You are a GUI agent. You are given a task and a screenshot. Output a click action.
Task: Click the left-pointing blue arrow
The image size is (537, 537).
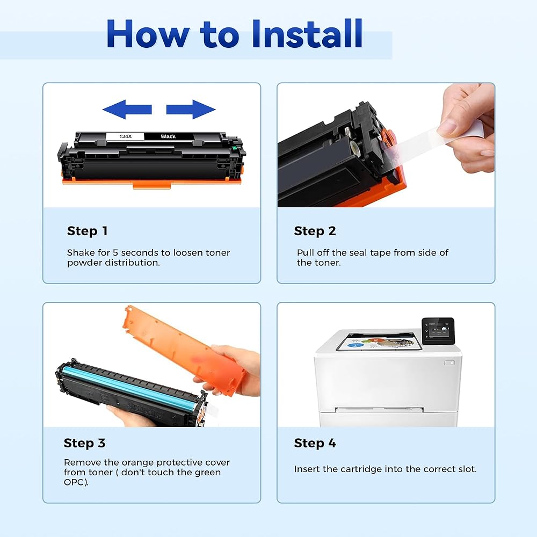(x=127, y=110)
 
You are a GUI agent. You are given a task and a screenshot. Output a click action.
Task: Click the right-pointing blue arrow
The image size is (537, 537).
(x=191, y=110)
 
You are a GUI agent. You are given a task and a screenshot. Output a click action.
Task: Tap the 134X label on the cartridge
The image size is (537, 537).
(x=125, y=136)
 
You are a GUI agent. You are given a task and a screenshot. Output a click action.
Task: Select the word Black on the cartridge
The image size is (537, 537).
(x=168, y=136)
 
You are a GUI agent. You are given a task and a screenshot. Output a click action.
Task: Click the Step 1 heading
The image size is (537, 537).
(x=88, y=231)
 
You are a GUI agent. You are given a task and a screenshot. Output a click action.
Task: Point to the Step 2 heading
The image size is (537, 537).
(x=315, y=231)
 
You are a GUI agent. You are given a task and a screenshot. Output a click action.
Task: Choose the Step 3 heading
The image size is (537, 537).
(x=84, y=443)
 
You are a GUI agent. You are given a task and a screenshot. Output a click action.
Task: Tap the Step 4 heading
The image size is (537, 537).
(x=315, y=443)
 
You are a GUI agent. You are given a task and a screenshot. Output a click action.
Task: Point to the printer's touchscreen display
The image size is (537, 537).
(x=438, y=331)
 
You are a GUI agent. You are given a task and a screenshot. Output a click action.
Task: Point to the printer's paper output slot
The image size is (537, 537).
(x=379, y=410)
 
